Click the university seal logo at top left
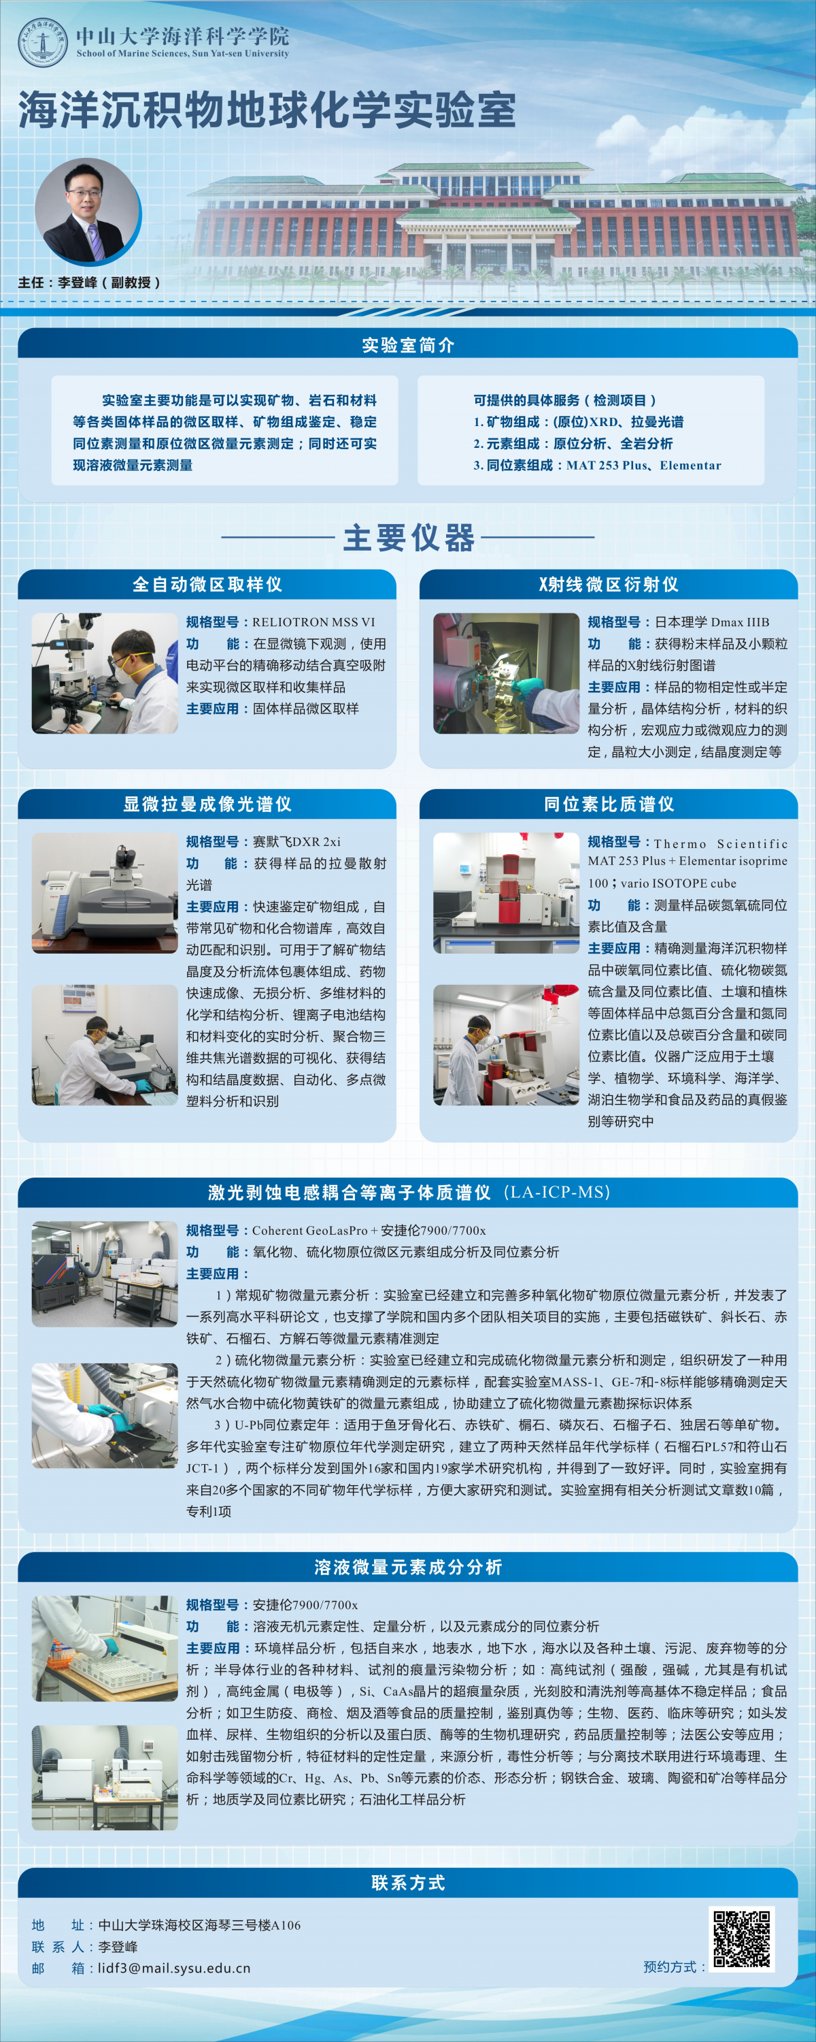(x=43, y=43)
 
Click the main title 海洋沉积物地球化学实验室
(x=267, y=110)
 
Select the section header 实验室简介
(x=408, y=345)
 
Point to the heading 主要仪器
(x=408, y=538)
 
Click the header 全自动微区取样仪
(x=207, y=584)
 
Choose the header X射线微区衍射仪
(x=609, y=584)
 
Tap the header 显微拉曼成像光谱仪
(x=207, y=804)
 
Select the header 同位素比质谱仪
(x=609, y=804)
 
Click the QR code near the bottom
(x=741, y=1938)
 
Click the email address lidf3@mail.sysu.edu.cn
(x=173, y=1968)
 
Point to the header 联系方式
(x=408, y=1883)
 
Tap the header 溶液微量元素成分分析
(x=408, y=1567)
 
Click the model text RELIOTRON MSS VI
(x=313, y=622)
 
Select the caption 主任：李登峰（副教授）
(x=90, y=282)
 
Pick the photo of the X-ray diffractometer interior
(x=506, y=673)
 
